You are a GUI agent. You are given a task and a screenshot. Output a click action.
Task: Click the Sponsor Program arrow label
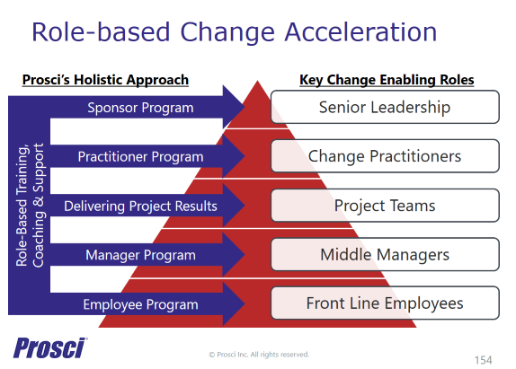pos(140,108)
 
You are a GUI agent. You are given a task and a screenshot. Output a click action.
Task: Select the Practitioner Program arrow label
pos(140,157)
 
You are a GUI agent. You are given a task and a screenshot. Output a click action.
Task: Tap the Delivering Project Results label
pos(140,206)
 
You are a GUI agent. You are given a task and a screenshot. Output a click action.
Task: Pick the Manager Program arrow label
pos(140,255)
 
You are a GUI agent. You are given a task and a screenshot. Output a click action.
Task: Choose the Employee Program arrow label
pos(140,304)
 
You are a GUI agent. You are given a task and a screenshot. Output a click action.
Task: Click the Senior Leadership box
pos(385,107)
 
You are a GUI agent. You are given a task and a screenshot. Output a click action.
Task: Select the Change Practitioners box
pos(385,156)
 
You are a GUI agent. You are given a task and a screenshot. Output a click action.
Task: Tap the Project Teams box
pos(385,206)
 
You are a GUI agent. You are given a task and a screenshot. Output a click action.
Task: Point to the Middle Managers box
pos(385,254)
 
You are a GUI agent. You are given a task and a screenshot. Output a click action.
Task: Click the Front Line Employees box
pos(385,303)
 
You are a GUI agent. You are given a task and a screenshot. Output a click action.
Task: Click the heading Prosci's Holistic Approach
pos(105,80)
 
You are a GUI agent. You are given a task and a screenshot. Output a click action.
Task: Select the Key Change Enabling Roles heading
pos(387,80)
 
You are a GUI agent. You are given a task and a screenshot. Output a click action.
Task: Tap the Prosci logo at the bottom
pos(49,347)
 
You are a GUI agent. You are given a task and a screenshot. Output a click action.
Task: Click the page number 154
pos(483,360)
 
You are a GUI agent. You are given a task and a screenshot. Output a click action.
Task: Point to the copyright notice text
pos(259,355)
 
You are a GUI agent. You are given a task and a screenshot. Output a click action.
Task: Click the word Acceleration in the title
pos(360,32)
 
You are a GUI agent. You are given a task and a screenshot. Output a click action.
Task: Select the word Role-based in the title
pos(101,32)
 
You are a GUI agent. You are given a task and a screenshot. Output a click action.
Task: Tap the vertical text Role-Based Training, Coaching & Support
pos(30,205)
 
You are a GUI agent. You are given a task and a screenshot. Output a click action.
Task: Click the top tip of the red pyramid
pos(258,81)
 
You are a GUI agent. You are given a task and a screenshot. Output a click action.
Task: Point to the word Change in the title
pos(227,33)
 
